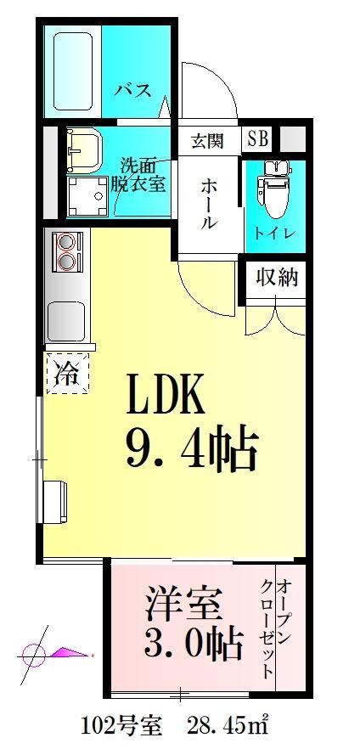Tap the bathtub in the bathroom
[x=73, y=71]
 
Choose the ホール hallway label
[x=209, y=203]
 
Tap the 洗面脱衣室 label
[x=141, y=174]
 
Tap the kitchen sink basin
[x=66, y=320]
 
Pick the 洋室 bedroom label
[x=182, y=605]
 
